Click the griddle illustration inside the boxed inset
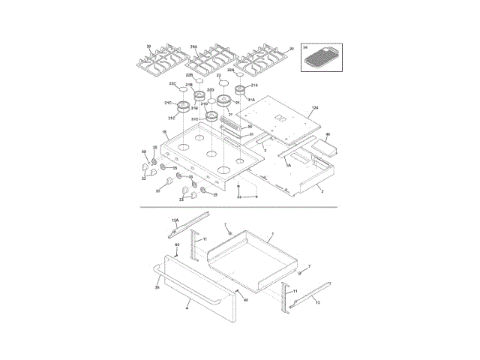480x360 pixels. coord(325,56)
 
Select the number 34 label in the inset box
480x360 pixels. coord(305,47)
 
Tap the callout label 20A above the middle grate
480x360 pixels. coord(193,46)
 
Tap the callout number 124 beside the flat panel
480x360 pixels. coord(315,108)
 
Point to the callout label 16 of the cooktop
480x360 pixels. coord(164,132)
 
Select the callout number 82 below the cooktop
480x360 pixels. coord(239,196)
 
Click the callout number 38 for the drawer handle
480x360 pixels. coord(157,286)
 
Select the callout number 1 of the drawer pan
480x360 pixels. coord(271,234)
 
